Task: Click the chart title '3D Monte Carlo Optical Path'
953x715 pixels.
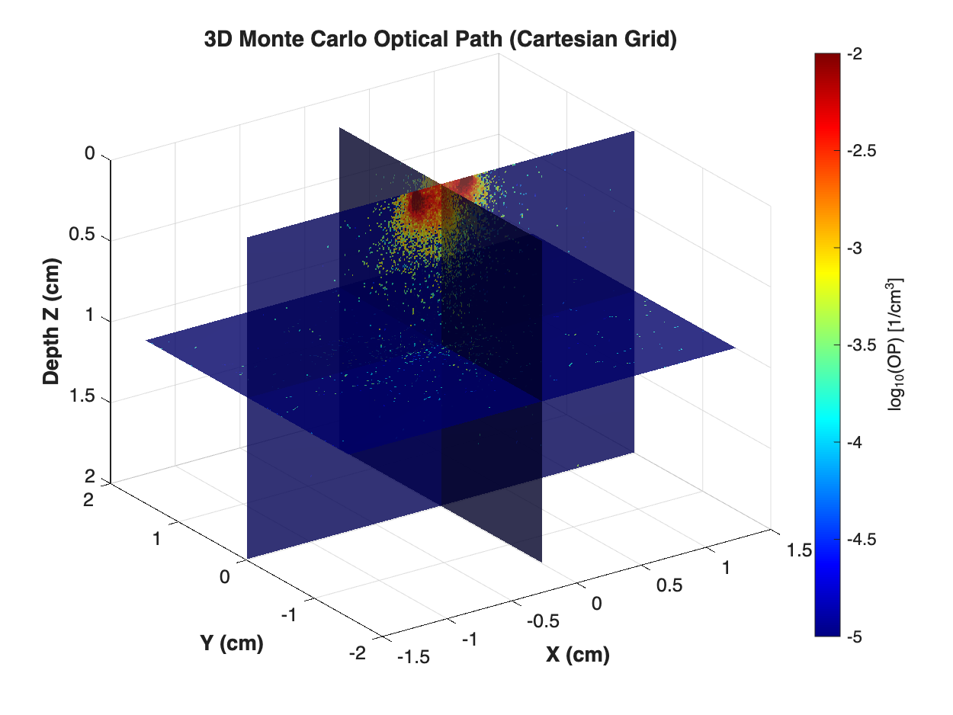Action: pos(441,40)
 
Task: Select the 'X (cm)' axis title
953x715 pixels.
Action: pos(577,653)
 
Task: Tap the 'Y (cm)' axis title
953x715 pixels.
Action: pos(232,643)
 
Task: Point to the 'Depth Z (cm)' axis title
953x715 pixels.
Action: pos(53,319)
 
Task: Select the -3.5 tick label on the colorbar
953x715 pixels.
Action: pos(861,345)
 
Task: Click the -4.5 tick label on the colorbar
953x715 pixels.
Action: pos(861,539)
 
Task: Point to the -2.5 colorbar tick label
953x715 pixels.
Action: pos(861,151)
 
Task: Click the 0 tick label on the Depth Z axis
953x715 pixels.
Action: pos(89,155)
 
